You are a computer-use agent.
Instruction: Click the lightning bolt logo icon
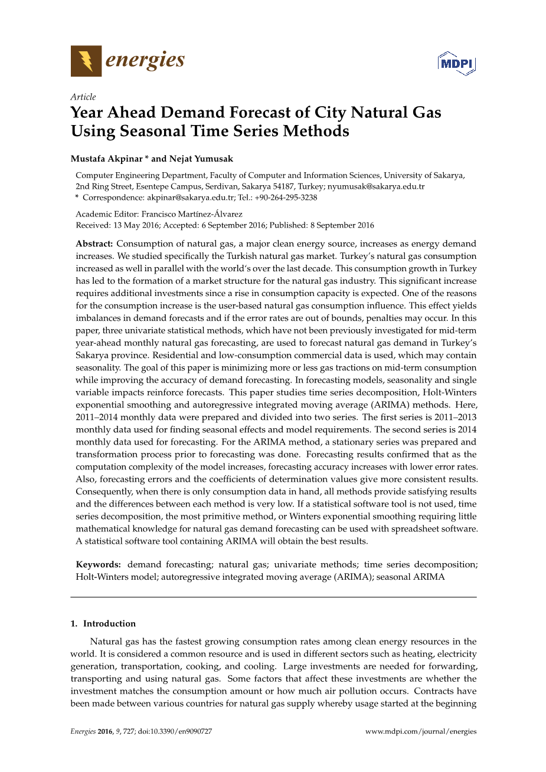click(x=86, y=61)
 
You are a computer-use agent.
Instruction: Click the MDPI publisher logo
click(x=456, y=63)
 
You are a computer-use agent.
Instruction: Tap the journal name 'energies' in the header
click(x=145, y=60)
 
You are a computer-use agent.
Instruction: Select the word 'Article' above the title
click(x=83, y=97)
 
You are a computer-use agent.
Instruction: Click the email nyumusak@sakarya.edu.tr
click(x=376, y=186)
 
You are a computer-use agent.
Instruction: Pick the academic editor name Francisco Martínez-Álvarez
click(x=192, y=214)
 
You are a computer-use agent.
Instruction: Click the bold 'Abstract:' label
click(x=94, y=244)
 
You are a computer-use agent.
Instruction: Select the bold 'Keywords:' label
click(x=99, y=564)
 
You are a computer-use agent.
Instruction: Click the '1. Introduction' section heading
click(x=103, y=623)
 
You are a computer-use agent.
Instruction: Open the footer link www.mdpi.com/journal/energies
click(x=420, y=731)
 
